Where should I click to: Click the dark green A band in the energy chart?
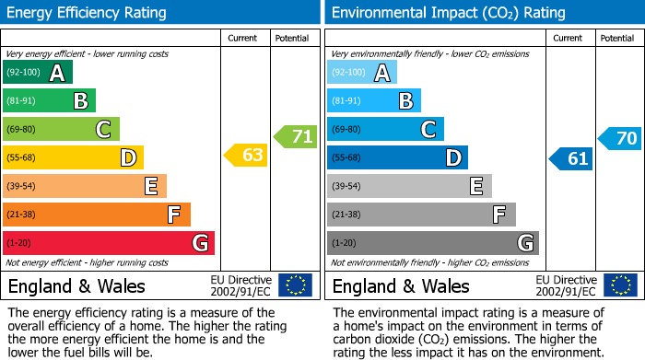(x=37, y=73)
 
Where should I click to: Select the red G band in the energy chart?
(x=108, y=243)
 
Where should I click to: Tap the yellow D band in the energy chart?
(x=73, y=157)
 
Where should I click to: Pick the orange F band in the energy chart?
(x=96, y=215)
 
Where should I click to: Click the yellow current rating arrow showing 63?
(x=247, y=156)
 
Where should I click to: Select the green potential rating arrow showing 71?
(x=296, y=137)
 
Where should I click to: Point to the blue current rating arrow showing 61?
(x=571, y=158)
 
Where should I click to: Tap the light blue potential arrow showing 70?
(x=620, y=139)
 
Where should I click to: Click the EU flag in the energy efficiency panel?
(x=295, y=285)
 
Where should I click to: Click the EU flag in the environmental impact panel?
(x=619, y=285)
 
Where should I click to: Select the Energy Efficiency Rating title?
(x=88, y=13)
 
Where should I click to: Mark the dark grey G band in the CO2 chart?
(x=432, y=243)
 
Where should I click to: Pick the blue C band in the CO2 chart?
(x=385, y=129)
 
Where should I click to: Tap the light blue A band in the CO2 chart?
(x=361, y=73)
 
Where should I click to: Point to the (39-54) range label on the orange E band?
(x=21, y=186)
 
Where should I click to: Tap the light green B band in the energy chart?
(x=49, y=101)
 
